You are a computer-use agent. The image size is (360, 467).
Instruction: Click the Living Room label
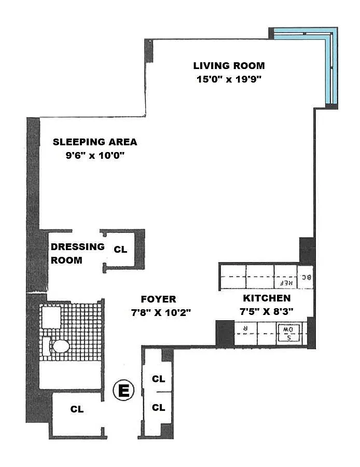tap(229, 65)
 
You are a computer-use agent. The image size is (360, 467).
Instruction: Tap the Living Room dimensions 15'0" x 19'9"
tap(229, 79)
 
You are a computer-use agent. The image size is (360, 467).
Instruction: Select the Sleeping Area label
tap(95, 142)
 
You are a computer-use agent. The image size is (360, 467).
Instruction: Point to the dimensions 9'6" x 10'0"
tap(95, 155)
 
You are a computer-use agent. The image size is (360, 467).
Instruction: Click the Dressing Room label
tap(77, 253)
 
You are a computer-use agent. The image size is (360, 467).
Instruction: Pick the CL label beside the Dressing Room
tap(120, 249)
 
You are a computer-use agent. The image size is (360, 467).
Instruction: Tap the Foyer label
tap(158, 299)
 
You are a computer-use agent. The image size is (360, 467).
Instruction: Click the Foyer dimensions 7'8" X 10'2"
tap(161, 312)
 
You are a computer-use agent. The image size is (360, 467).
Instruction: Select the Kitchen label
tap(267, 298)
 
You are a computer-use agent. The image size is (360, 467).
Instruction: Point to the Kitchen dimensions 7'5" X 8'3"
tap(267, 311)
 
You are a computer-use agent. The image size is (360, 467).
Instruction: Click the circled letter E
tap(123, 390)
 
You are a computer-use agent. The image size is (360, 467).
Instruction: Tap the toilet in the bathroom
tap(57, 346)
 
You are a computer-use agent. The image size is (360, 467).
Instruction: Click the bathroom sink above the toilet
tap(51, 318)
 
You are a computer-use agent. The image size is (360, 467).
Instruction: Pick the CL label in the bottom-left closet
tap(77, 409)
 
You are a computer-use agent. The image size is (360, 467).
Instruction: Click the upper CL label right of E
tap(158, 379)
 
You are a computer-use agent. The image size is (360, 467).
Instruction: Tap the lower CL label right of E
tap(158, 407)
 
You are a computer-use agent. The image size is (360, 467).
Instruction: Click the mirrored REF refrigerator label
tap(286, 283)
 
